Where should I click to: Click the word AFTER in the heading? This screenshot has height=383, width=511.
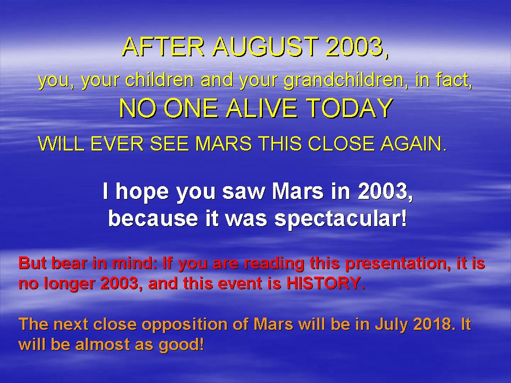tap(163, 46)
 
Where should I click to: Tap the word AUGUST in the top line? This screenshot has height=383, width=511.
tap(265, 46)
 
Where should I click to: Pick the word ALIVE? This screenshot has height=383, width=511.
tap(261, 108)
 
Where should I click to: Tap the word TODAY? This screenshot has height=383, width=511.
tap(349, 108)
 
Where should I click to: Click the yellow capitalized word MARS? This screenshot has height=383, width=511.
tap(223, 144)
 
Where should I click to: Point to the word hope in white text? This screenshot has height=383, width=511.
tap(142, 192)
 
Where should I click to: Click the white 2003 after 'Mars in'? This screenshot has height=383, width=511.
tap(382, 191)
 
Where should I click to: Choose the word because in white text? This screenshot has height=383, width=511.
tap(153, 219)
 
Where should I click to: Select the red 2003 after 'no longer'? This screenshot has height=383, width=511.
tap(119, 284)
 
